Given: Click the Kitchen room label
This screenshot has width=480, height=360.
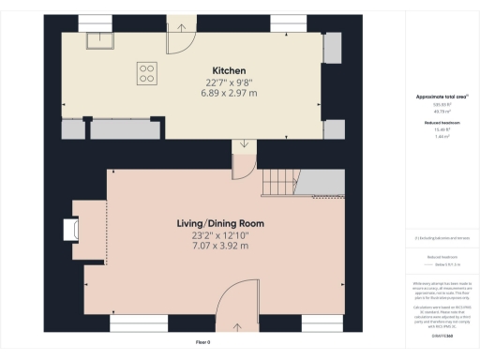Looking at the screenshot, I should click(x=229, y=70).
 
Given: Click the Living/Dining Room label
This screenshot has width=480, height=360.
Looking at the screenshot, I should click(x=220, y=223).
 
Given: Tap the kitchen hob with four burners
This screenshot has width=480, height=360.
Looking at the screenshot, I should click(x=147, y=72).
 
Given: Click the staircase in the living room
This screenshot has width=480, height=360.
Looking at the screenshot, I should click(x=279, y=183).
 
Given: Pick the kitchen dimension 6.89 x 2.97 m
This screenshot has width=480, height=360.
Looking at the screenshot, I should click(x=229, y=95).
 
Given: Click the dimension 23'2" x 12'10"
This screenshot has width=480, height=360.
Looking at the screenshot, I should click(x=220, y=235).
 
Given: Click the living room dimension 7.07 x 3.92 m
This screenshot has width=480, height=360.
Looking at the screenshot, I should click(x=220, y=247).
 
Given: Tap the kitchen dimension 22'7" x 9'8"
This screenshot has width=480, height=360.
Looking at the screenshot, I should click(x=229, y=82).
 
